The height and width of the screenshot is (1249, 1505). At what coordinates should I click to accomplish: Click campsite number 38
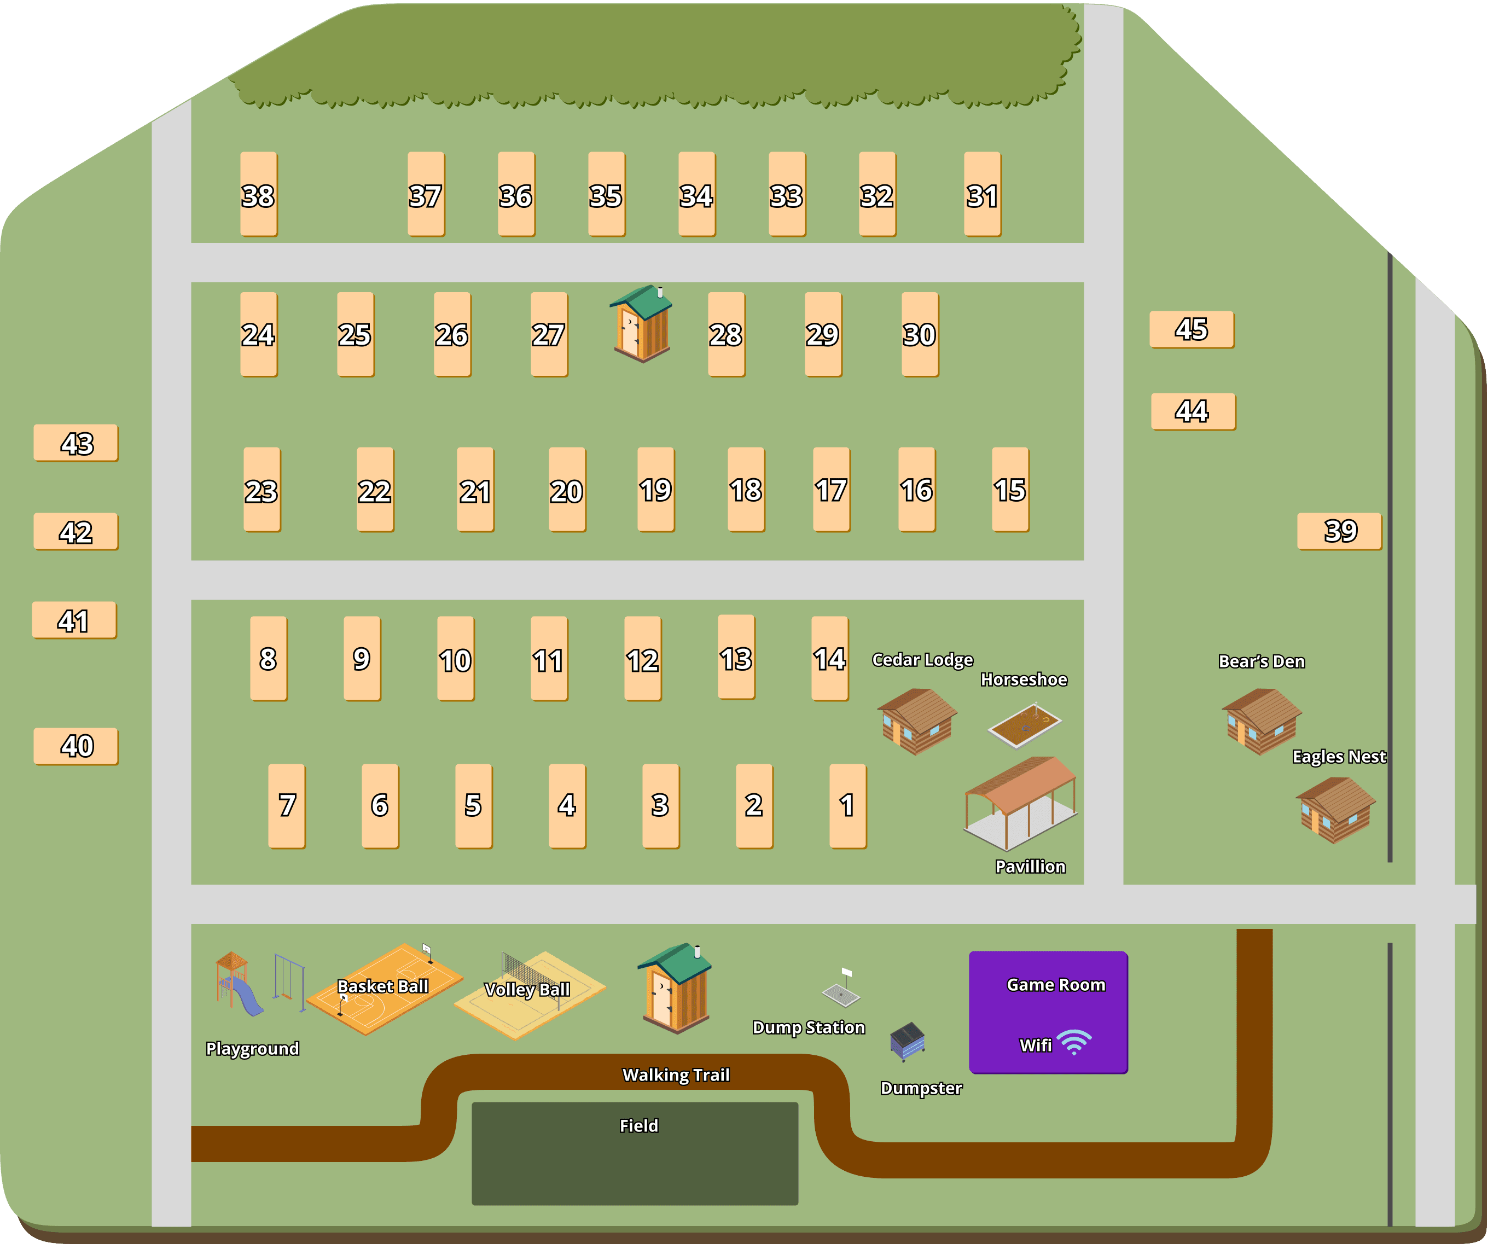tap(258, 194)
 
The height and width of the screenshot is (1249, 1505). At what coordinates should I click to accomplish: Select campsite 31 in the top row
tap(982, 194)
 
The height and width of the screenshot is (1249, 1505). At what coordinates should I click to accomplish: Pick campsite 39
tap(1339, 531)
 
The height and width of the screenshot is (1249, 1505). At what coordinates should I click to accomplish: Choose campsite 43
tap(76, 443)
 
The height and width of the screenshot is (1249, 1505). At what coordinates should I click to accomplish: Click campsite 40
tap(76, 746)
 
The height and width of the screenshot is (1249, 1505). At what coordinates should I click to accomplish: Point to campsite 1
tap(848, 805)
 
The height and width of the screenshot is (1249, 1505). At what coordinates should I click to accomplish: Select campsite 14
tap(830, 658)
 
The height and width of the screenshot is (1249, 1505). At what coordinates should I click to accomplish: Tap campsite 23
tap(262, 490)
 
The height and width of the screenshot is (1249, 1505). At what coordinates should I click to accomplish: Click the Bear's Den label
tap(1262, 661)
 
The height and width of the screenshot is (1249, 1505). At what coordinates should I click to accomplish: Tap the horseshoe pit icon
tap(1024, 725)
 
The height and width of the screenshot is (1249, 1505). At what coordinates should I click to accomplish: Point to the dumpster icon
tap(907, 1041)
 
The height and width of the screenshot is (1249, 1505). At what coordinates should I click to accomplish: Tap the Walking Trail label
tap(675, 1075)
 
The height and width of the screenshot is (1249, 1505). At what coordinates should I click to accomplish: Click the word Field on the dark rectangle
tap(638, 1126)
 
